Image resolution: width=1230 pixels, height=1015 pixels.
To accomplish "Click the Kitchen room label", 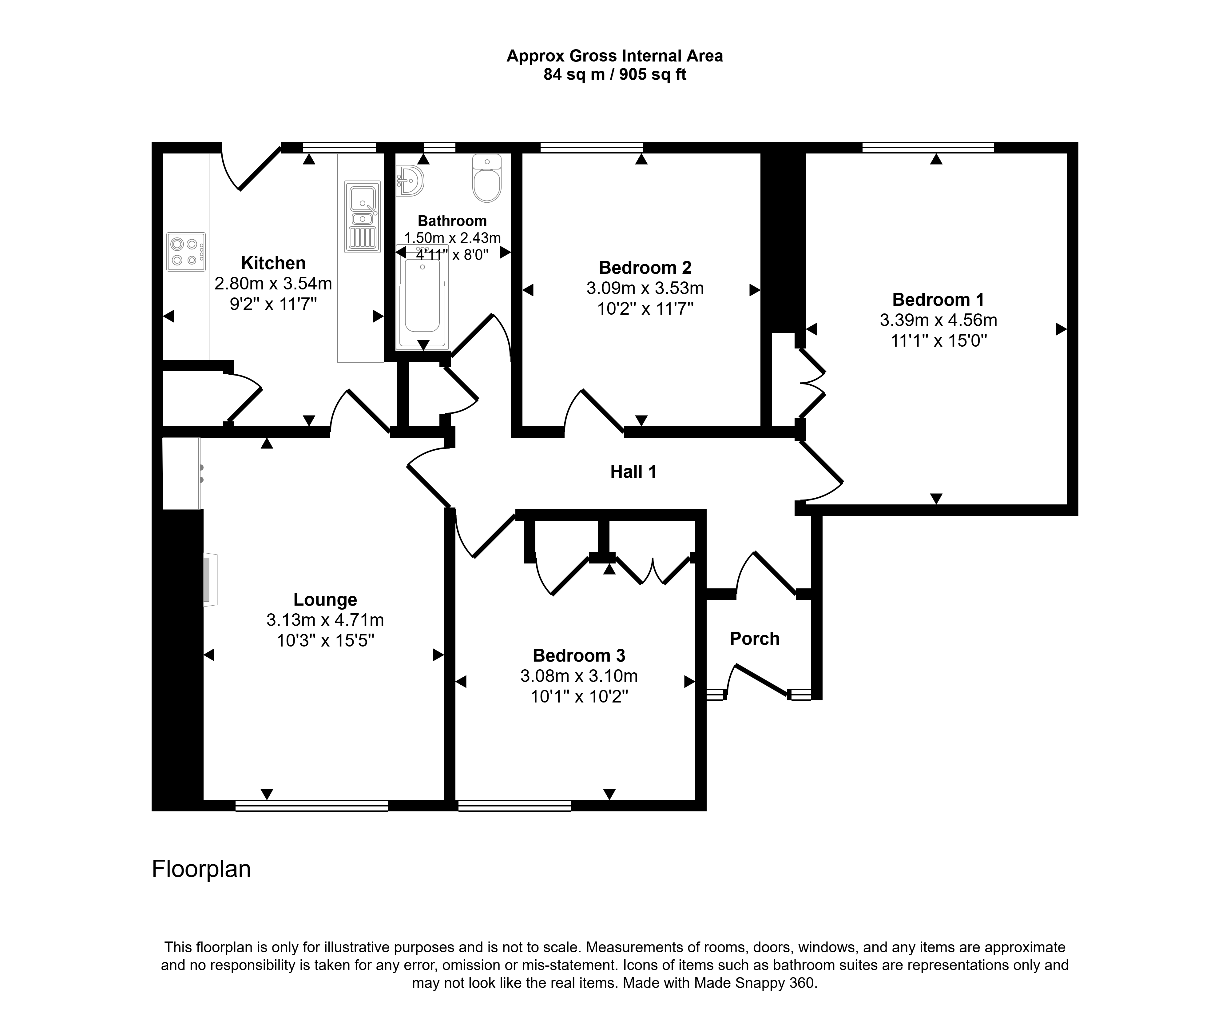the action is pyautogui.click(x=273, y=263).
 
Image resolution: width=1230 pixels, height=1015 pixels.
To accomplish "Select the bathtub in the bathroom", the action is pyautogui.click(x=422, y=298).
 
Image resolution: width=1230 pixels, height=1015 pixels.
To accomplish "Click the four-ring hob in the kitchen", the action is pyautogui.click(x=186, y=252).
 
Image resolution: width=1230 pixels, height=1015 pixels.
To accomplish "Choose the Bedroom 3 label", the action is pyautogui.click(x=579, y=655).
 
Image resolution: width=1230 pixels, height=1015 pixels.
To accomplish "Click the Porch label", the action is pyautogui.click(x=755, y=639).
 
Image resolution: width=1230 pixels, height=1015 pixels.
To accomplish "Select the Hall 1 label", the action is pyautogui.click(x=633, y=472).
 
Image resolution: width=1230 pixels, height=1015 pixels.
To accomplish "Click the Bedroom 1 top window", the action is pyautogui.click(x=928, y=147).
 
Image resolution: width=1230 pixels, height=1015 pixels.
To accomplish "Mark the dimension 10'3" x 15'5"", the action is pyautogui.click(x=325, y=641).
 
